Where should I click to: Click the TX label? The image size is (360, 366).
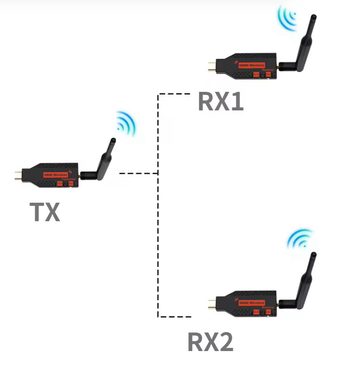pos(45,212)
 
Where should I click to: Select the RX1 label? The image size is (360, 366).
pos(221,102)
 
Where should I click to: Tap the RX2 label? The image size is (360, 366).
pos(211,342)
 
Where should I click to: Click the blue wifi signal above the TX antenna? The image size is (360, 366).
pos(125,123)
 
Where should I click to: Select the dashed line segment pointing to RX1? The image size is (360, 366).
pos(174,94)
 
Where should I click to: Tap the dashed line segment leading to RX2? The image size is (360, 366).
pos(174,316)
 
